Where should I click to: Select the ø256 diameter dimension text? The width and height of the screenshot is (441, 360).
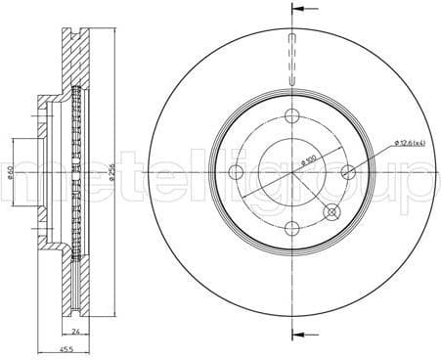[x=116, y=172]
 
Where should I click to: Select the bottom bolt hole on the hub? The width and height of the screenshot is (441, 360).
[x=292, y=230]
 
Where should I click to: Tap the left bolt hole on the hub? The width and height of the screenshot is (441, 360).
[x=235, y=173]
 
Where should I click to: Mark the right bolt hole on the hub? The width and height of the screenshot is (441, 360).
[x=349, y=173]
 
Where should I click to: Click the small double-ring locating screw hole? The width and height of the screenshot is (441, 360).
[x=331, y=212]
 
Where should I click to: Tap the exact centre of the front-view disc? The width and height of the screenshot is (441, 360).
[x=292, y=173]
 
